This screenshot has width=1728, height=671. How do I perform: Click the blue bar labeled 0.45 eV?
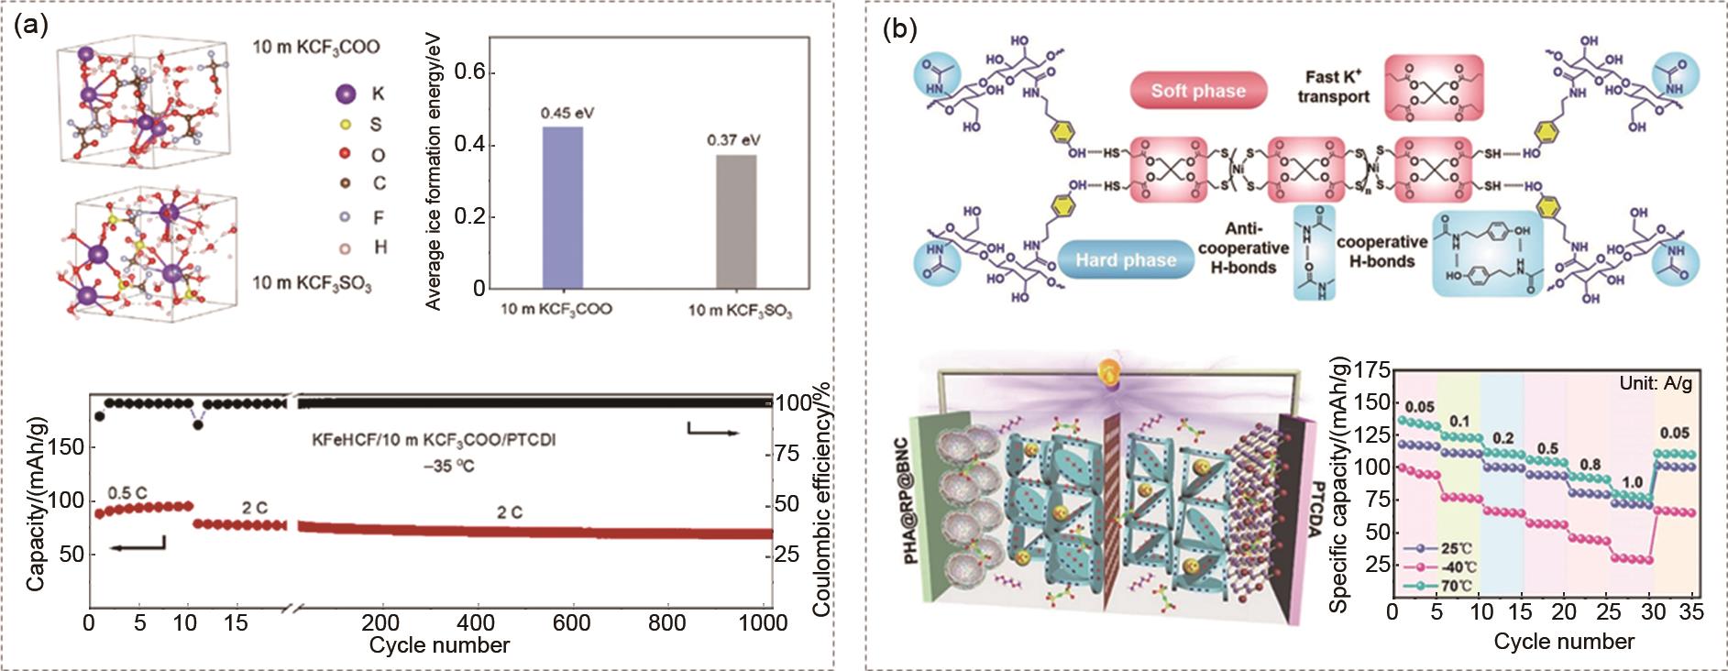(x=562, y=207)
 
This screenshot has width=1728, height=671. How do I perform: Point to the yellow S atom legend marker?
(x=347, y=124)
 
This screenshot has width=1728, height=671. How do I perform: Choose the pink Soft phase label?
(x=1198, y=91)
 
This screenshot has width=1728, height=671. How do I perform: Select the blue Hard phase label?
(x=1126, y=260)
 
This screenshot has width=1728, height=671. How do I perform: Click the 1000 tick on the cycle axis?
(x=764, y=623)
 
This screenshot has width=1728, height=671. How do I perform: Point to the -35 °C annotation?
(x=449, y=466)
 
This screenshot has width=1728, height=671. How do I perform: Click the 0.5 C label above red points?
(x=127, y=493)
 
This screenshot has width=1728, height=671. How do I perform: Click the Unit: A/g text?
(x=1655, y=383)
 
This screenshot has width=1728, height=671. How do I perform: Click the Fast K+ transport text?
(x=1333, y=87)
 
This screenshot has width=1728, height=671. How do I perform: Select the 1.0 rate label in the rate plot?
(x=1632, y=482)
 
